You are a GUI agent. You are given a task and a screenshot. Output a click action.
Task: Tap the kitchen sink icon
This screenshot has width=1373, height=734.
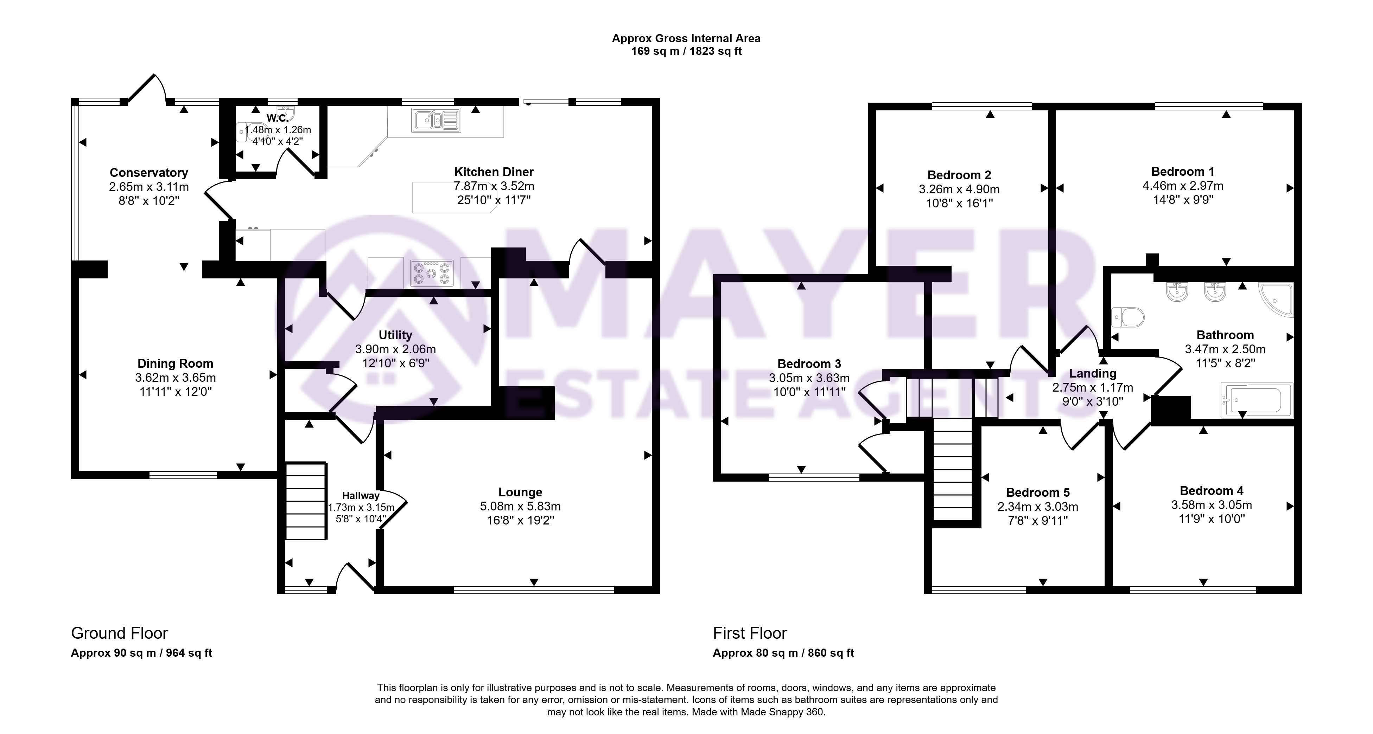[x=436, y=120]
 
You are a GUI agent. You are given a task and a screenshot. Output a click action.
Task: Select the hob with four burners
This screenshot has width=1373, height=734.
[x=432, y=273]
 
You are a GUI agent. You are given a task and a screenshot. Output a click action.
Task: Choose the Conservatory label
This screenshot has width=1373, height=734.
[x=149, y=173]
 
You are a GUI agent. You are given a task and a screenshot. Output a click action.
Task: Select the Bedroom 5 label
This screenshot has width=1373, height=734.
[x=1038, y=493]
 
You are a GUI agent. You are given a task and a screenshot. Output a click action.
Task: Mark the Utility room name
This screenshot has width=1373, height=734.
[x=395, y=335]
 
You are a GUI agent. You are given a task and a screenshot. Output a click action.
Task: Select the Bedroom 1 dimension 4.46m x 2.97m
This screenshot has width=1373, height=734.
[x=1183, y=186]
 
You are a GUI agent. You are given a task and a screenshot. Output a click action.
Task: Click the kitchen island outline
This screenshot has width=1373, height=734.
[x=456, y=197]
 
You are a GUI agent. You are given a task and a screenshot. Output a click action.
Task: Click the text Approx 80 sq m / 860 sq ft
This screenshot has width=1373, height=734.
[x=783, y=653]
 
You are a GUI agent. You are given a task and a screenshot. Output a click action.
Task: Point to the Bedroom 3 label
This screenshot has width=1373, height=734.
[x=809, y=364]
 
